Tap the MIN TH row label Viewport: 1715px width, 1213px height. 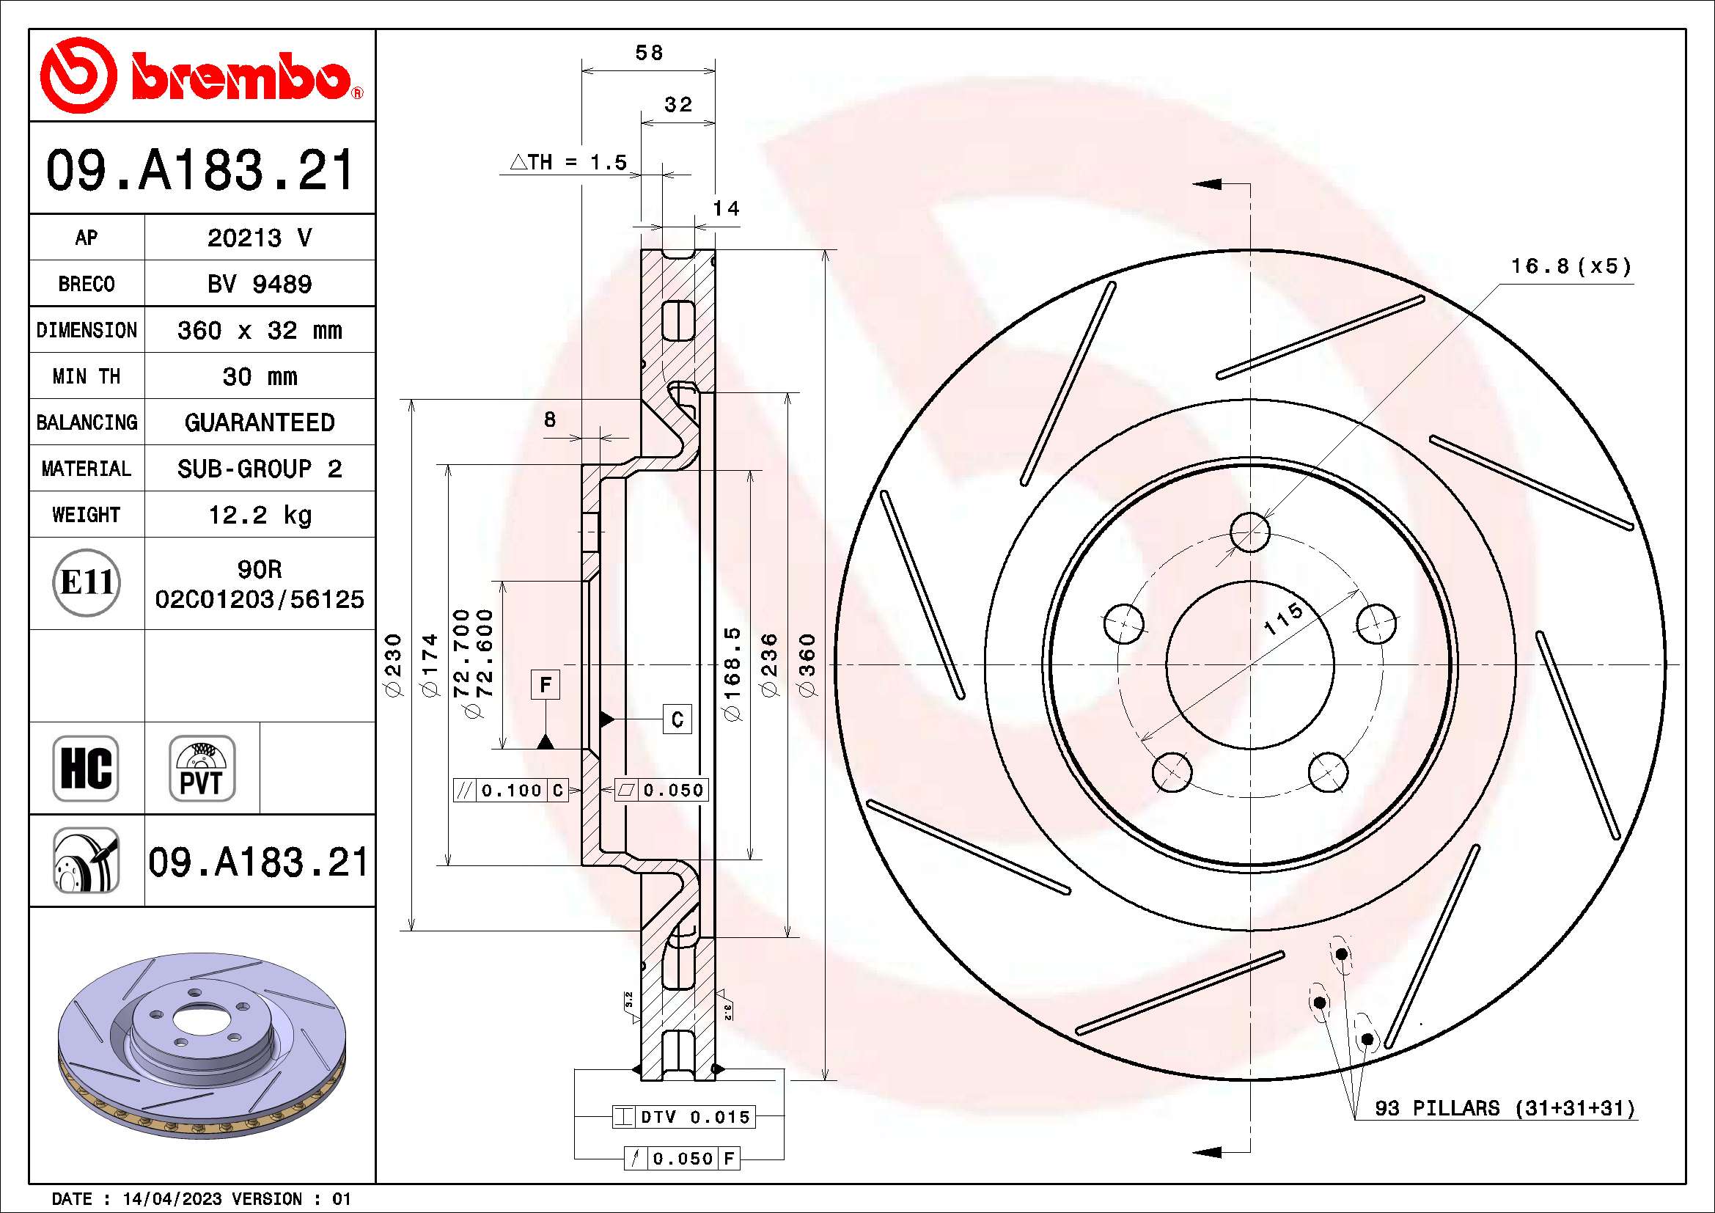86,376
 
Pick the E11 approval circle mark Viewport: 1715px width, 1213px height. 87,582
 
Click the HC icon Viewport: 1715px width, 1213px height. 86,768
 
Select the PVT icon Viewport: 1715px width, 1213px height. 202,768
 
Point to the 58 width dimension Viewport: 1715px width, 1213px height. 648,53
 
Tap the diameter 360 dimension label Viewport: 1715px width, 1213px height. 807,664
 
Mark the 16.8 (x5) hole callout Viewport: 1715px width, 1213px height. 1571,266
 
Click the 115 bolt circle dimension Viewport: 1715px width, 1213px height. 1283,618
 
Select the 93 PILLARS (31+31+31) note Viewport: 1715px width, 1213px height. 1505,1107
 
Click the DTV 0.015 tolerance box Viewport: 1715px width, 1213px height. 683,1117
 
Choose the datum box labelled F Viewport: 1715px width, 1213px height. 546,684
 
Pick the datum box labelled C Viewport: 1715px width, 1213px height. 677,719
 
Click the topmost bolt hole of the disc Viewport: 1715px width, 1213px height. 1249,532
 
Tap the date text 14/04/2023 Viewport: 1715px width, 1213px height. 172,1199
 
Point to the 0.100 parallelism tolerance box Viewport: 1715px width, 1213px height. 511,791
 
